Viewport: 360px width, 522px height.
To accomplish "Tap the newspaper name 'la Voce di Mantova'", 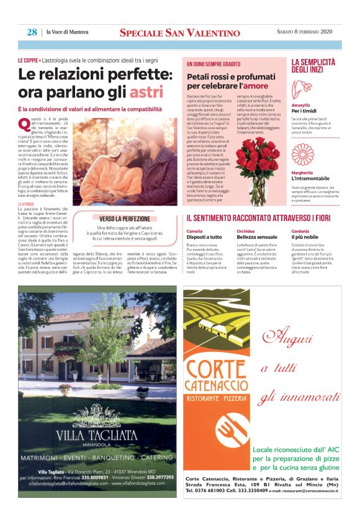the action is coord(68,32).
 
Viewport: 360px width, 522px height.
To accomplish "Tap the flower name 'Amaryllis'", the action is coord(301,106).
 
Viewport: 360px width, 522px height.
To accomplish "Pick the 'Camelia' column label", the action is coord(194,231).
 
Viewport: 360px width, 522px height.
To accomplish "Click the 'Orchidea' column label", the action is coord(245,231).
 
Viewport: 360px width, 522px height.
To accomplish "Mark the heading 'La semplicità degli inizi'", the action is coord(313,65).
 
